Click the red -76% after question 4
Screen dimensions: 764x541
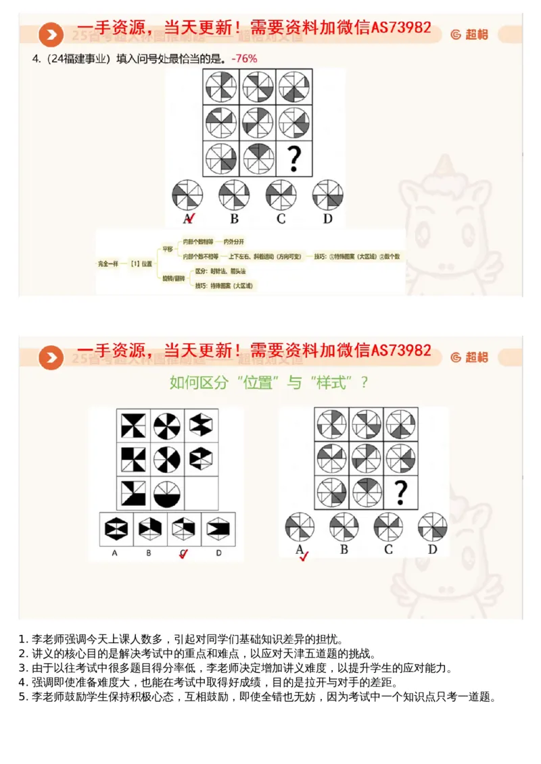244,59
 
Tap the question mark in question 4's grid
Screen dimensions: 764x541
293,159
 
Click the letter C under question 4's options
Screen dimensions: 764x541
281,218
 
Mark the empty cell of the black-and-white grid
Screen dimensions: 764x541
202,493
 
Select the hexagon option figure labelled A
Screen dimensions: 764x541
115,529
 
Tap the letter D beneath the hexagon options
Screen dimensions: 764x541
218,553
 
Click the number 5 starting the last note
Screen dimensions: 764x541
22,696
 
